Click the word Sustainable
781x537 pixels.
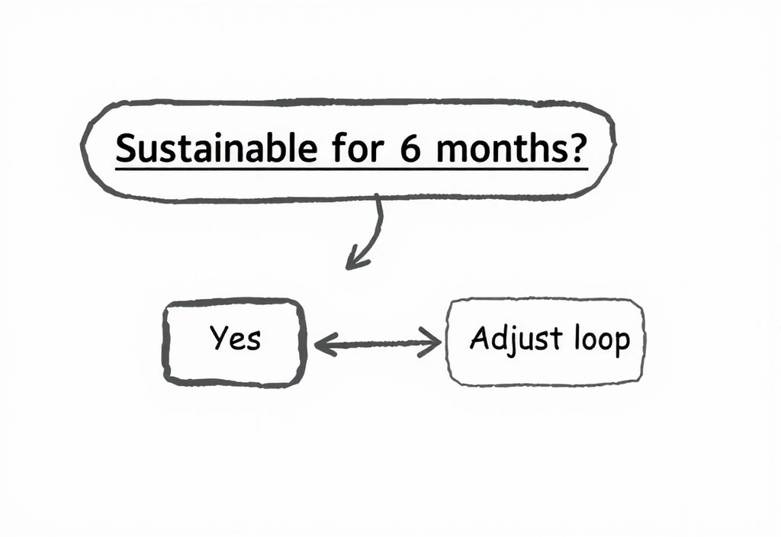click(214, 146)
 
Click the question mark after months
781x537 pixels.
click(579, 145)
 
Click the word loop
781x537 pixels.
click(600, 339)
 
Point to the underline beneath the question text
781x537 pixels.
click(351, 166)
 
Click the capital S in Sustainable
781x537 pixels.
click(124, 147)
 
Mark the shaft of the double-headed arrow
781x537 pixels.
click(378, 345)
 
